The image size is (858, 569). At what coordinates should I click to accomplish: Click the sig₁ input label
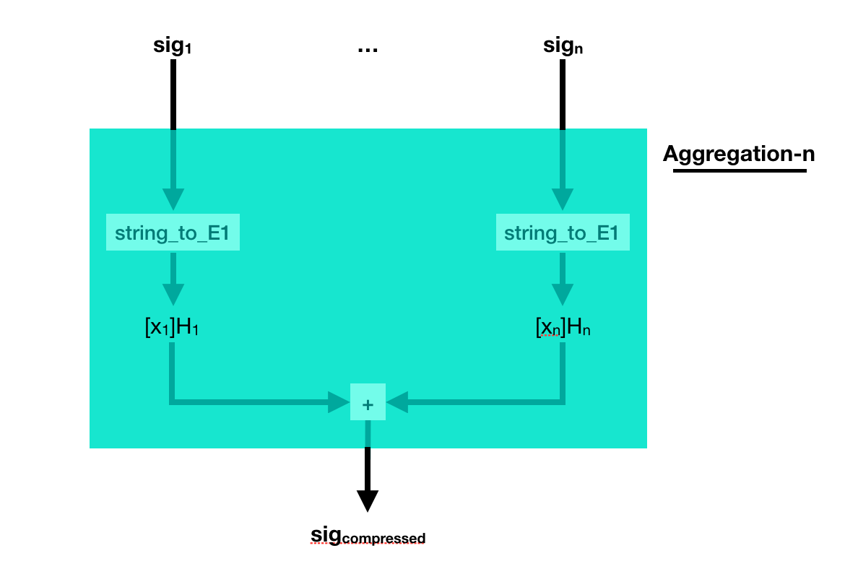tap(173, 46)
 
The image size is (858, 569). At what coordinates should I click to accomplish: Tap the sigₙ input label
tap(563, 46)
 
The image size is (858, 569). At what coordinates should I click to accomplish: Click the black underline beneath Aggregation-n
tap(739, 170)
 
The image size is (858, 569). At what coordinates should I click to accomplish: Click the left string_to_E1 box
tap(173, 233)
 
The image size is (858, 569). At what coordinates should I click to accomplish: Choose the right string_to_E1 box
tap(563, 233)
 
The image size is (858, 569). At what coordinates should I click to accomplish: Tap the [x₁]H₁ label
tap(172, 327)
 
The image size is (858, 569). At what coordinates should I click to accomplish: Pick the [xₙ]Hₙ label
tap(563, 327)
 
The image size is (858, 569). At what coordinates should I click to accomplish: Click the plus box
tap(368, 402)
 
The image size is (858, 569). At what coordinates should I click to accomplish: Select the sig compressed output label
tap(368, 536)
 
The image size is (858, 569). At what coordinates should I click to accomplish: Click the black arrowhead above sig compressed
tap(368, 500)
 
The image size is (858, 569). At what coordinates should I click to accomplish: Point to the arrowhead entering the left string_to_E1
tap(173, 199)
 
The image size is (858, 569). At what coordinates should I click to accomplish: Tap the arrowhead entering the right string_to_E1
tap(563, 199)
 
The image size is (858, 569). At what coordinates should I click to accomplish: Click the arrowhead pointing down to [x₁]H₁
tap(173, 295)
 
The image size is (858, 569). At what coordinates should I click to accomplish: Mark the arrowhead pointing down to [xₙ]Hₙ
tap(563, 295)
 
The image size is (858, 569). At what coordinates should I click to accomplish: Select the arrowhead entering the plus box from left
tap(339, 402)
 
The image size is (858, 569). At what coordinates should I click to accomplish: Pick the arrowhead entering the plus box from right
tap(397, 402)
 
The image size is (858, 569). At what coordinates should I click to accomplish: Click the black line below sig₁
tap(173, 94)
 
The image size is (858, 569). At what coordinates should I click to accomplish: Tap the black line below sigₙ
tap(563, 94)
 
